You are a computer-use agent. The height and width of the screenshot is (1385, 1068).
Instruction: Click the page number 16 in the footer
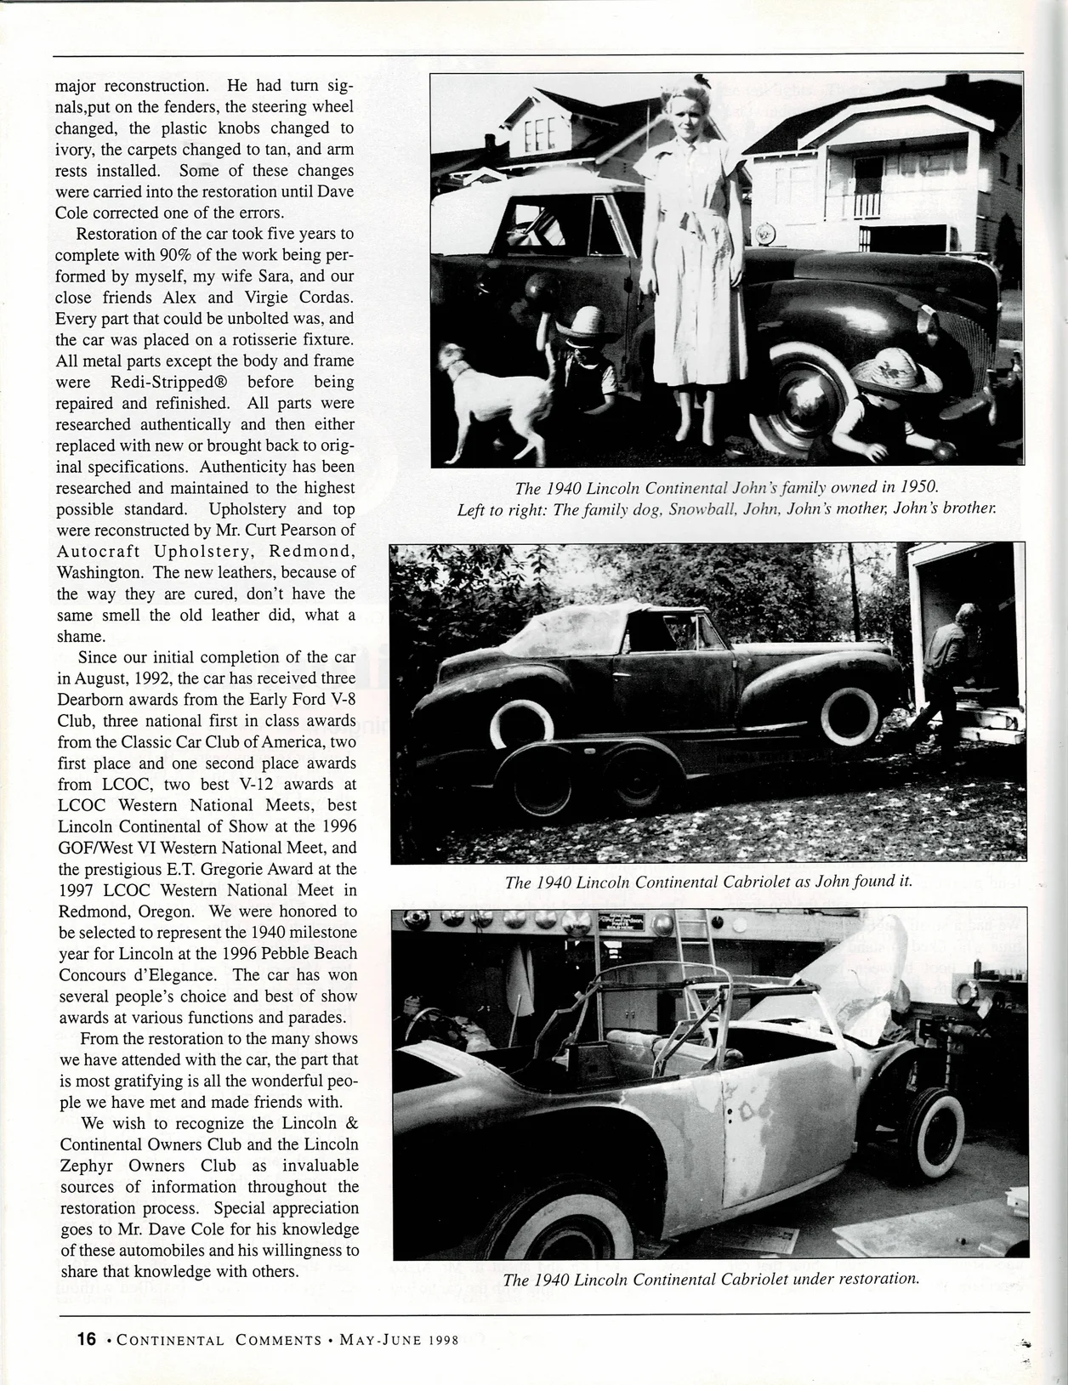[x=86, y=1339]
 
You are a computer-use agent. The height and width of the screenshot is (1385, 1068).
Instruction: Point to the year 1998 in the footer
[x=443, y=1340]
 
